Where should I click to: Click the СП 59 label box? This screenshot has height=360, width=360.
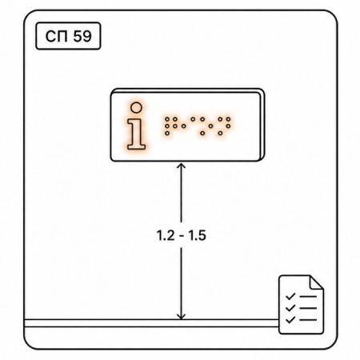tap(68, 36)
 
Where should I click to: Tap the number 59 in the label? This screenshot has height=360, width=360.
tap(82, 36)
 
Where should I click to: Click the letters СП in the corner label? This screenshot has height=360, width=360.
tap(58, 36)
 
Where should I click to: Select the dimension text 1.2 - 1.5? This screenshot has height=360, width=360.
tap(182, 235)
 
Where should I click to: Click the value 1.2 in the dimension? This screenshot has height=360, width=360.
tap(166, 235)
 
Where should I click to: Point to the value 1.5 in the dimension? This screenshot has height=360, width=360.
tap(198, 235)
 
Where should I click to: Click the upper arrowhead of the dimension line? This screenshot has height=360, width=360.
tap(182, 166)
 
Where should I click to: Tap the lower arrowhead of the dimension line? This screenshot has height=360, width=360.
tap(182, 316)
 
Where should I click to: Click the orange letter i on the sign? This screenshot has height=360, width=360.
tap(136, 126)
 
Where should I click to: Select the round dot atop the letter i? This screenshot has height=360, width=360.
tap(136, 108)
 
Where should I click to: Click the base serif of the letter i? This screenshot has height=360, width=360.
tap(136, 146)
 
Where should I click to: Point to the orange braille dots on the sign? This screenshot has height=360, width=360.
tap(198, 126)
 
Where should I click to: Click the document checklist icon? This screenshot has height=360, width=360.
tap(302, 305)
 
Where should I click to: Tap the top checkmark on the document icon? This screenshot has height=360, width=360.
tap(290, 296)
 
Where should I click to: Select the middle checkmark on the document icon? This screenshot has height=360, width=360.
tap(290, 308)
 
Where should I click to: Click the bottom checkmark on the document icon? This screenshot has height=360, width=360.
tap(290, 319)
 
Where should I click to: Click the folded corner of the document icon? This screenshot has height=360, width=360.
tap(316, 282)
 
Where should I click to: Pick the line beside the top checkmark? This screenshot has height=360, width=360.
tap(308, 297)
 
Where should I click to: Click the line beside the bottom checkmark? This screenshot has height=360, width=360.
tap(308, 319)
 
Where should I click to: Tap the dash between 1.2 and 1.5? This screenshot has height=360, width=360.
tap(182, 236)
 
